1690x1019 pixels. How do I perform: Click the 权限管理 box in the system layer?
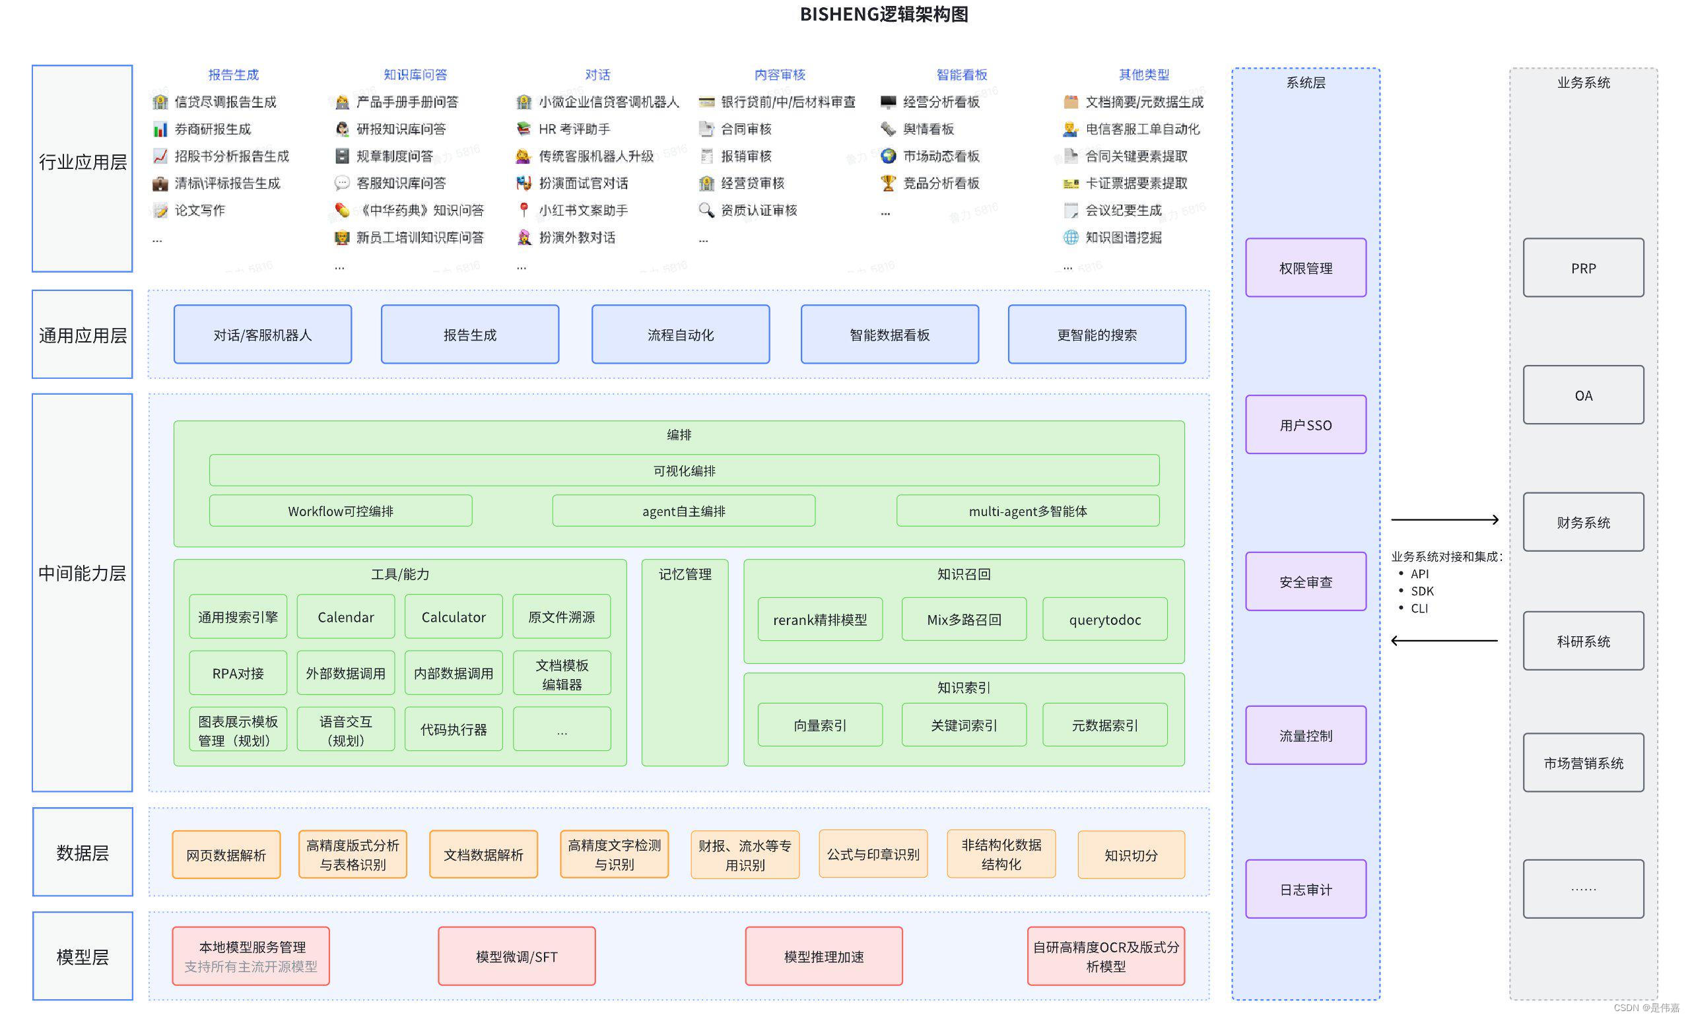click(1305, 267)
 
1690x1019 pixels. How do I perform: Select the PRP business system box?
click(1583, 267)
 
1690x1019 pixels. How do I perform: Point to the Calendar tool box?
click(346, 616)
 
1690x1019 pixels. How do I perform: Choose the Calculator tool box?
click(454, 616)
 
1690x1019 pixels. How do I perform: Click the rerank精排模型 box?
click(820, 619)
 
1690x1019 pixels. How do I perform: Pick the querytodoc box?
click(1104, 619)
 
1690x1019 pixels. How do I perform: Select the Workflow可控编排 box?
click(340, 511)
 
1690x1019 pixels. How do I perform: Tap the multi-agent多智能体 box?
click(1027, 511)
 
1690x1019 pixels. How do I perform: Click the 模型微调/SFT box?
click(516, 956)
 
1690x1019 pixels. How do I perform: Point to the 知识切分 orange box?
click(1131, 855)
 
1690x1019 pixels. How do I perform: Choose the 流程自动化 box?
click(681, 335)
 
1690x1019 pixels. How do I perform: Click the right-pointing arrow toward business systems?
click(1444, 520)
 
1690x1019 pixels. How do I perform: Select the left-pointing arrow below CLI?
click(1444, 640)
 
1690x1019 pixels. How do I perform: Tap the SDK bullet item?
click(1422, 591)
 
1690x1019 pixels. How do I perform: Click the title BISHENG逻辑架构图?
click(883, 15)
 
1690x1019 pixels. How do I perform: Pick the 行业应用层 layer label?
click(83, 162)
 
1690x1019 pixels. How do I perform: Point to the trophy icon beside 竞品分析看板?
click(887, 183)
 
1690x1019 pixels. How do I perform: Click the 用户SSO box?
click(1305, 424)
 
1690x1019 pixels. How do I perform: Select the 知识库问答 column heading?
click(415, 75)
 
